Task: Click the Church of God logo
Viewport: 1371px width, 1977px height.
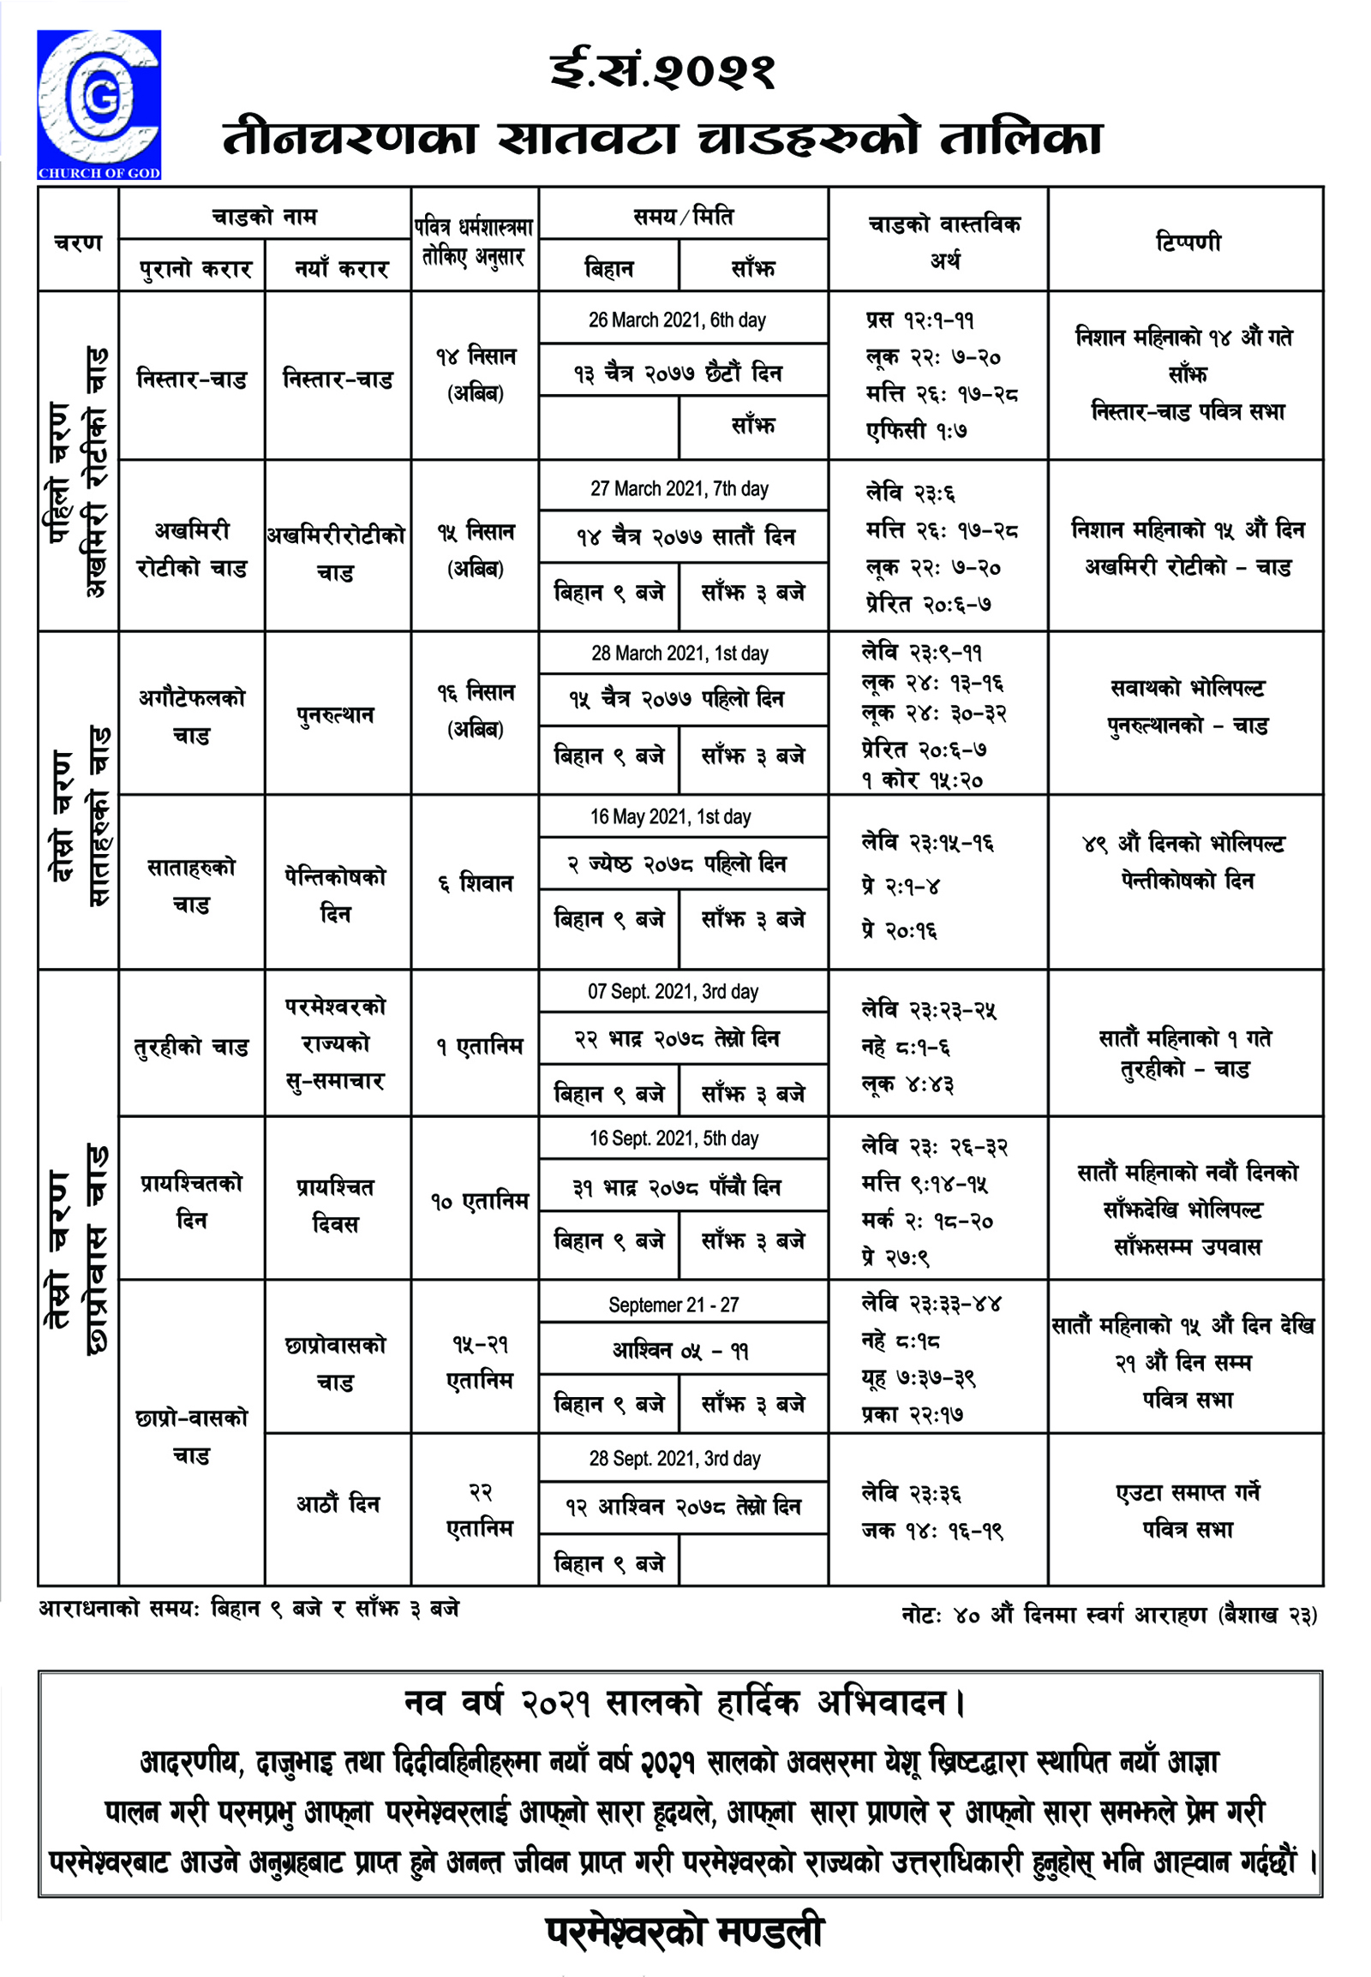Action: coord(99,104)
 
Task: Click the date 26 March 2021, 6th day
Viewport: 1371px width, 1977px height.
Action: coord(677,320)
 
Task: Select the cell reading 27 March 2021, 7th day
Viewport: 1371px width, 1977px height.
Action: coord(679,488)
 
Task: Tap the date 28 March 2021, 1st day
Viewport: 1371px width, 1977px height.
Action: coord(679,654)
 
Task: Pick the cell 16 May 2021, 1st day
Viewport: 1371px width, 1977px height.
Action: coord(670,816)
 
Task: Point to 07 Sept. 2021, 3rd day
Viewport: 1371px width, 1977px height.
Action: coord(673,992)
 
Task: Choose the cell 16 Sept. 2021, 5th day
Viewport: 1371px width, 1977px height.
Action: coord(674,1138)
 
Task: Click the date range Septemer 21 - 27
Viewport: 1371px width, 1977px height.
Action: coord(674,1305)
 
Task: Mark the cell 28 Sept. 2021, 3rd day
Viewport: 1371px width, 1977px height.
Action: coord(674,1458)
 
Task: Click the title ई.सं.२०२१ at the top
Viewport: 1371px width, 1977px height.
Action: coord(662,70)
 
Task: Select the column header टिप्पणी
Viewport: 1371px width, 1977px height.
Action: coord(1187,242)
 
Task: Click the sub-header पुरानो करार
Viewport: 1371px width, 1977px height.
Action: coord(195,270)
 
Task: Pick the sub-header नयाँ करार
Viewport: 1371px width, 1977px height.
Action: coord(341,270)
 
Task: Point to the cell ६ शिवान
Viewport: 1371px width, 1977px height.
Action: coord(475,883)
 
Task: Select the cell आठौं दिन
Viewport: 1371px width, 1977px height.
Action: coord(338,1504)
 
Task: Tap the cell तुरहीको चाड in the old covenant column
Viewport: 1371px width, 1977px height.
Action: coord(192,1047)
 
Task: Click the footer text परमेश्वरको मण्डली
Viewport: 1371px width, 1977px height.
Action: coord(685,1932)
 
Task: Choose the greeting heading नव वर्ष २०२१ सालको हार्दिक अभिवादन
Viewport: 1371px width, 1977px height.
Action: coord(685,1702)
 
